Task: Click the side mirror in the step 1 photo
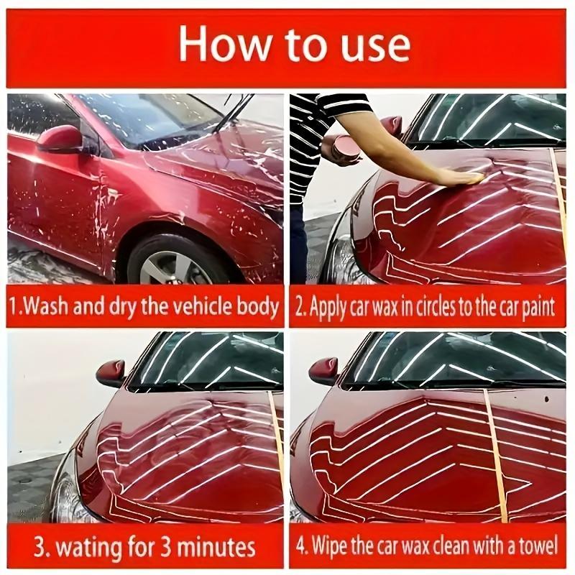(x=60, y=138)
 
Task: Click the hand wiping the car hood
(x=460, y=176)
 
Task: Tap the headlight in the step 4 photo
(x=300, y=496)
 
